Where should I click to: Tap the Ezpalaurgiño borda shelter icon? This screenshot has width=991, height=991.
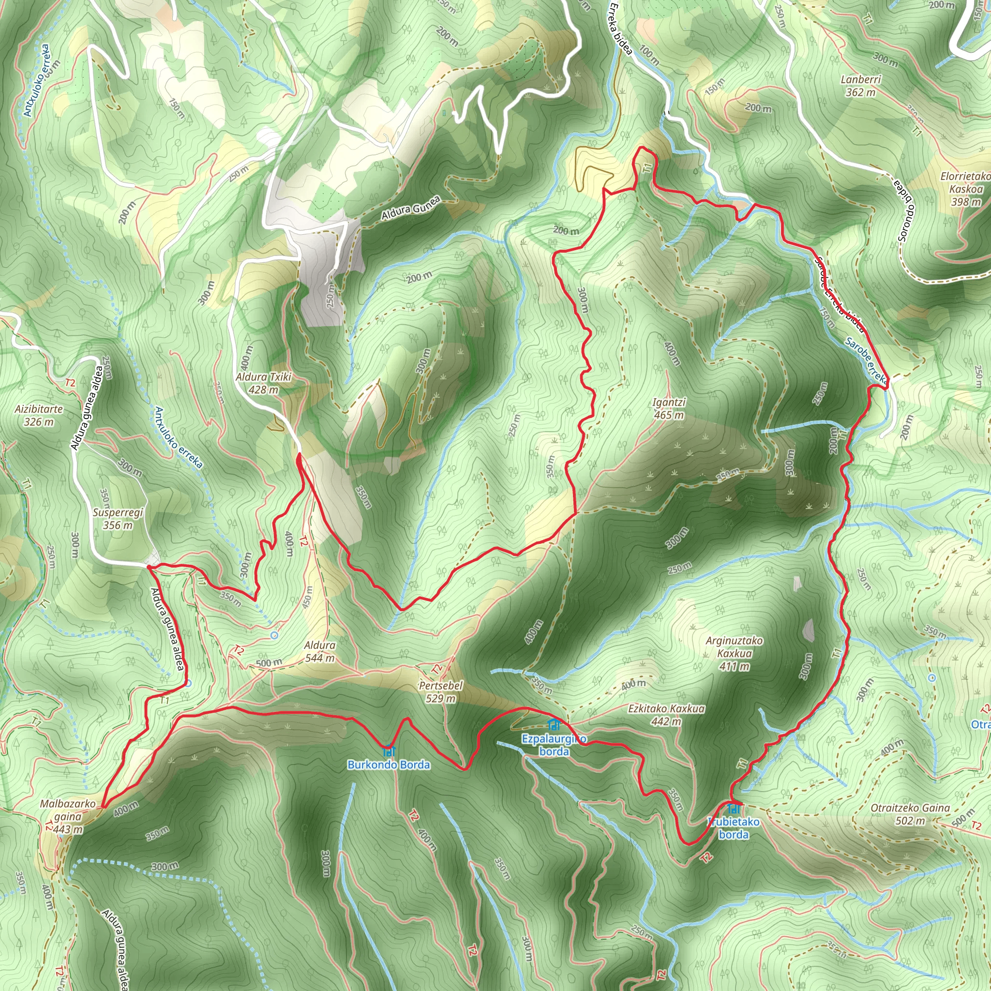[554, 725]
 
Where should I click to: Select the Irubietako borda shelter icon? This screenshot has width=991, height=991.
[734, 809]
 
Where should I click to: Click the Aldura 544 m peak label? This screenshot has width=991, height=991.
[319, 651]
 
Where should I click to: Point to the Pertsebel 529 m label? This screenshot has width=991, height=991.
[441, 692]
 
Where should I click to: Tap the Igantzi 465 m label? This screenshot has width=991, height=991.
[669, 408]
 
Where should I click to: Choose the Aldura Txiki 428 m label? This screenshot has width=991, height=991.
[264, 383]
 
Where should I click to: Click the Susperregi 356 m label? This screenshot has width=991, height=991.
[118, 519]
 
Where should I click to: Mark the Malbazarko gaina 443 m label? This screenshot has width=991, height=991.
[68, 816]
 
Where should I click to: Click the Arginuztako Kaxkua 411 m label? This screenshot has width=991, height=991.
[734, 653]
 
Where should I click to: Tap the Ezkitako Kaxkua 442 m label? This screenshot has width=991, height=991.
[666, 715]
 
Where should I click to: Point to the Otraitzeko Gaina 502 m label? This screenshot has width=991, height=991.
[911, 814]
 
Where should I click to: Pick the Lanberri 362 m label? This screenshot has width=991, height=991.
[861, 86]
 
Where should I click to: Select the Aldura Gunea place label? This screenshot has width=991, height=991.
[410, 208]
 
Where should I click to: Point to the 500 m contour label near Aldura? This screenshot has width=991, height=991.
[269, 663]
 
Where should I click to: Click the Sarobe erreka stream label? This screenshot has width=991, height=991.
[866, 360]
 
